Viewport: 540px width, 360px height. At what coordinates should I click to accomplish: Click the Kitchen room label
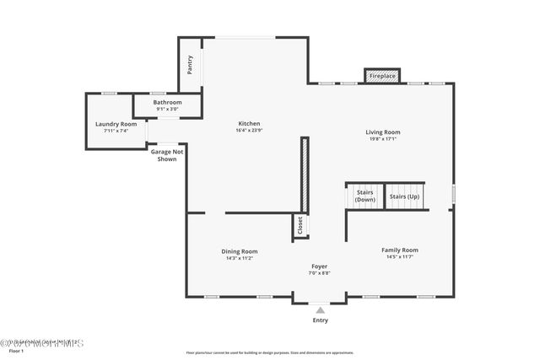coord(248,124)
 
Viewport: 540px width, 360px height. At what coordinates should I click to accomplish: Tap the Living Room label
coord(382,132)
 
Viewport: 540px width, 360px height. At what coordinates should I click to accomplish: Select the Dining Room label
coord(240,251)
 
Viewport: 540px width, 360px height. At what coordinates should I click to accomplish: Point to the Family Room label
coord(399,250)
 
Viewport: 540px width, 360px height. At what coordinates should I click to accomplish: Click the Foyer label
coord(319,266)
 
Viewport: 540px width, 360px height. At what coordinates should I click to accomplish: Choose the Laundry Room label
coord(116,124)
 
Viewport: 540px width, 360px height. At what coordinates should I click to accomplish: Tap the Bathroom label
coord(167,102)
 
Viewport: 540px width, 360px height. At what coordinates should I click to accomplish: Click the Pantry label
coord(190,65)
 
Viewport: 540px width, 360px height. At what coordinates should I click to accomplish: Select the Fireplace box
coord(381,76)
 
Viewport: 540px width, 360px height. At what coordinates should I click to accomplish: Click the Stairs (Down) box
coord(364,196)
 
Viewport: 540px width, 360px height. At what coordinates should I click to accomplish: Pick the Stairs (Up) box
coord(404,196)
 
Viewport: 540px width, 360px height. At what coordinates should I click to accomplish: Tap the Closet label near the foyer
coord(300,225)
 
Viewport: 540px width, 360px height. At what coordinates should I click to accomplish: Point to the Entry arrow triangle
coord(320,310)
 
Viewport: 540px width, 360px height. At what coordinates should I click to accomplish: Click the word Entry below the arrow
coord(320,320)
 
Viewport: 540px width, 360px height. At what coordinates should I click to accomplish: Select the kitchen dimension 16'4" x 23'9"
coord(248,131)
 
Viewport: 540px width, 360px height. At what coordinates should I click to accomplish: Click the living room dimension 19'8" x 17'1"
coord(382,139)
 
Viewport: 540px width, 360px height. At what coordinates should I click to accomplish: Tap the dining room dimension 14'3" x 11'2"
coord(240,258)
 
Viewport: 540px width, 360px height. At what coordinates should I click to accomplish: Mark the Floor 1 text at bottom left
coord(8,352)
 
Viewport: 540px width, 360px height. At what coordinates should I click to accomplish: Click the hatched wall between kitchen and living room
coord(305,175)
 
